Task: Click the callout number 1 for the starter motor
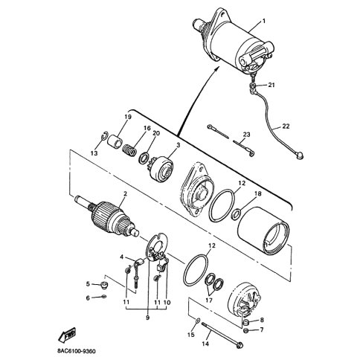264,22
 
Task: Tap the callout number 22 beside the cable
286,126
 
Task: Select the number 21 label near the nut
271,85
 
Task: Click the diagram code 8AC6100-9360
76,351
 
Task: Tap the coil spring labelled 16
130,150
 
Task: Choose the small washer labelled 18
237,214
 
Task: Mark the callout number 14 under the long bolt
205,344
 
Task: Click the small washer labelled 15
198,321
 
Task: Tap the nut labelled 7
245,331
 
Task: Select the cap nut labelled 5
105,285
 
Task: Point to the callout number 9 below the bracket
148,318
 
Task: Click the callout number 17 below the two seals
209,300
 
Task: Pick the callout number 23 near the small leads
246,135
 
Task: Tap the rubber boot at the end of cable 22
299,156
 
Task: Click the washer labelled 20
144,158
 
